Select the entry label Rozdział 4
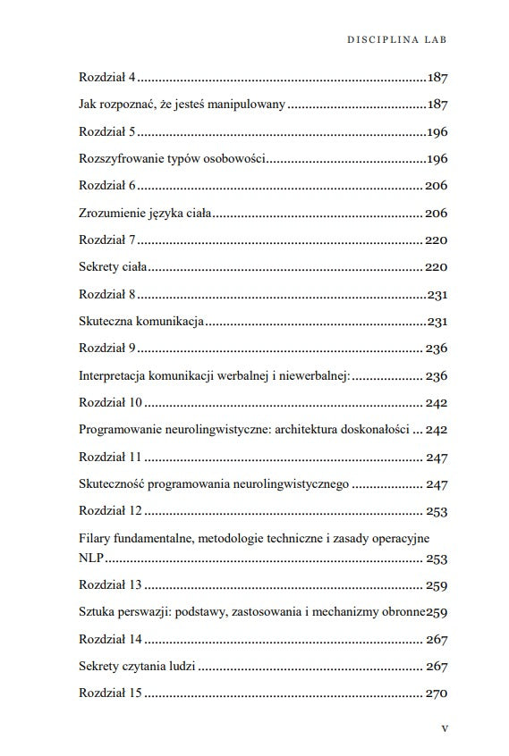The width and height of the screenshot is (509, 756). (106, 78)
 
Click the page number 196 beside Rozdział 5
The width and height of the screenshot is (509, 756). (437, 132)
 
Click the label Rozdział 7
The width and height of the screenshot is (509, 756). (106, 240)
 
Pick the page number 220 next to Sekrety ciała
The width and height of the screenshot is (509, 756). (436, 267)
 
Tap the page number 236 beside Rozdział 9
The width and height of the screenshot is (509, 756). (437, 349)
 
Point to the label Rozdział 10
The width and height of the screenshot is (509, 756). (109, 403)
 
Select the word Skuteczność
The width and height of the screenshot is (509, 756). (113, 484)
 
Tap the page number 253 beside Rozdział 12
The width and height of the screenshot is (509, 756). (437, 512)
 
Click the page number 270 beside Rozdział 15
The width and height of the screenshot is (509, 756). (437, 694)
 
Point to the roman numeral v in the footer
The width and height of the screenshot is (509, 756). (445, 728)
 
